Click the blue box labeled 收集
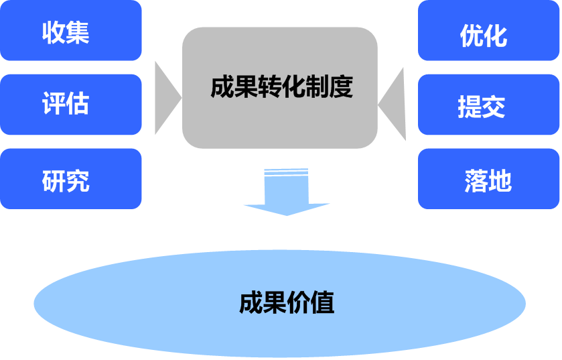(70, 31)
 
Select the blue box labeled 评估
(70, 105)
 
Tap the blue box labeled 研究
(70, 179)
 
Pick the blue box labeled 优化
(489, 31)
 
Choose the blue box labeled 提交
(489, 105)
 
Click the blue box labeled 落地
(489, 179)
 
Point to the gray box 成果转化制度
(280, 87)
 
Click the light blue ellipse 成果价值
(280, 303)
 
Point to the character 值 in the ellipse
(323, 303)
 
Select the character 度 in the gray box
(340, 87)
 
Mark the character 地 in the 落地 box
(500, 180)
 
